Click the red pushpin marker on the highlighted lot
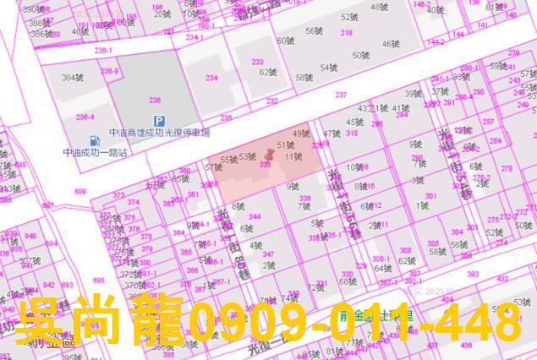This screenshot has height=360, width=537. coord(270,154)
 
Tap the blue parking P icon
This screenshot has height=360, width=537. coord(156,122)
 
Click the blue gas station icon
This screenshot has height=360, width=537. coord(93,141)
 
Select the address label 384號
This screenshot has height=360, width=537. coord(70,77)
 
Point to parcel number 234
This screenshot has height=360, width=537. coord(211,78)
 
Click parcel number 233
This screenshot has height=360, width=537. coord(257,62)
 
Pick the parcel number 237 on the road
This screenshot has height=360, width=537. coord(341,95)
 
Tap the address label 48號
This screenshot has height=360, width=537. coord(380,8)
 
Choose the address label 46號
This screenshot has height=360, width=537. coord(392,43)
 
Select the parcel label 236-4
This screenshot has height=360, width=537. coord(85,117)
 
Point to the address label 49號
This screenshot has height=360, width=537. coord(301,134)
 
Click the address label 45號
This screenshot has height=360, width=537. coord(353,122)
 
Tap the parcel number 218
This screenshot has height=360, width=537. coord(347,33)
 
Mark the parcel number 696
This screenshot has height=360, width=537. coord(99,281)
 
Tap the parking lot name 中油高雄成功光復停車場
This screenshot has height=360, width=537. coord(159,133)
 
